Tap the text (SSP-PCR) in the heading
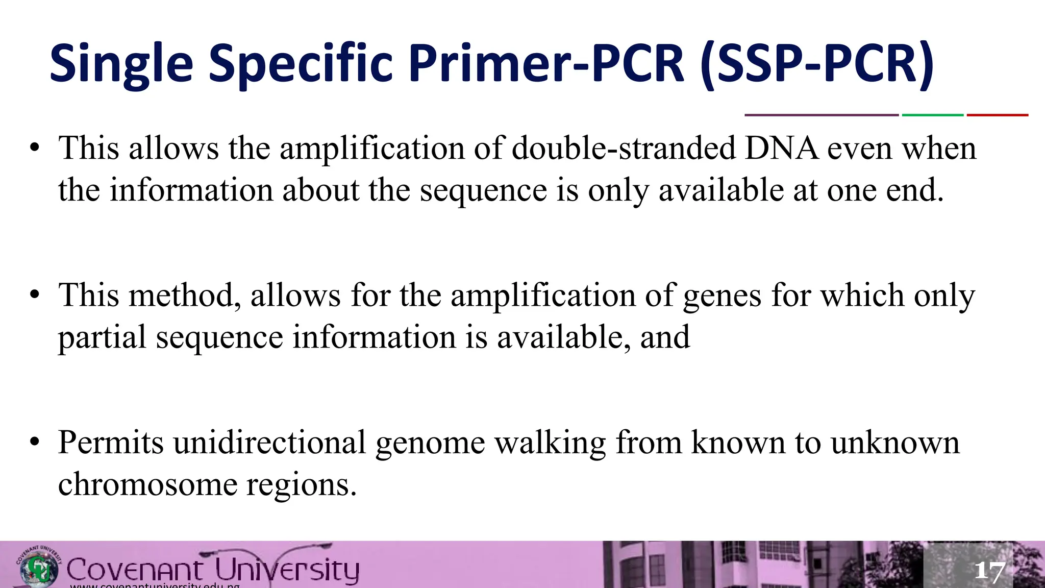click(x=817, y=64)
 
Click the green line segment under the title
click(x=932, y=115)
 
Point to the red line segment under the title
click(x=997, y=115)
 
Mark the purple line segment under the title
click(x=822, y=115)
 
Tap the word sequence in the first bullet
click(x=483, y=191)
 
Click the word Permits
click(x=111, y=443)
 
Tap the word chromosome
click(x=148, y=484)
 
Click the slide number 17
click(x=989, y=571)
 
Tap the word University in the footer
click(x=286, y=570)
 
